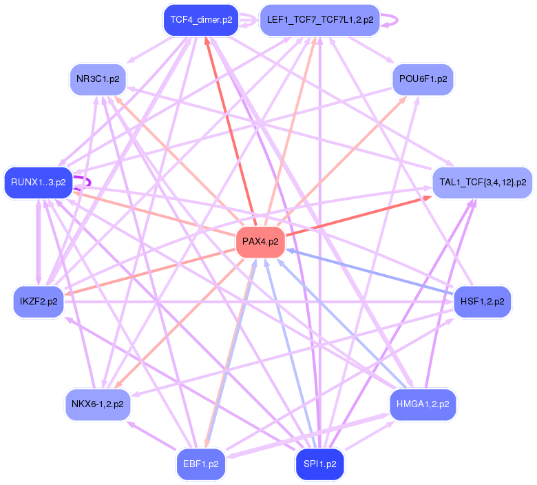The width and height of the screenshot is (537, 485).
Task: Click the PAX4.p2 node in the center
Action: click(260, 242)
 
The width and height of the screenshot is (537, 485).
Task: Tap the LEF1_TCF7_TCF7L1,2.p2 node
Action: click(319, 20)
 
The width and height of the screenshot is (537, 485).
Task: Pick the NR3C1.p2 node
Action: click(98, 79)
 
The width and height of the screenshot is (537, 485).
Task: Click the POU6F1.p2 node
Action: click(422, 79)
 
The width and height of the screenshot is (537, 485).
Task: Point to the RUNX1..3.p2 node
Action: click(39, 183)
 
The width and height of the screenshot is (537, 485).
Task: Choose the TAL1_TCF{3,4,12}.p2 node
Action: click(482, 183)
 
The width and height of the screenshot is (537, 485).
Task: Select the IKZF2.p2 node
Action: click(39, 302)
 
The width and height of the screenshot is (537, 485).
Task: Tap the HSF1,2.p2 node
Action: click(482, 302)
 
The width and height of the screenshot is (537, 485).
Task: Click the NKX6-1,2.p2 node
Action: click(97, 404)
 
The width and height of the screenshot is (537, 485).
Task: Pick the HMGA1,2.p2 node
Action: click(422, 404)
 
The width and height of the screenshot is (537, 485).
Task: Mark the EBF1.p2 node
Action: click(201, 464)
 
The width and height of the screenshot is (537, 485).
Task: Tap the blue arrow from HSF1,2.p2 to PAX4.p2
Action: click(372, 273)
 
